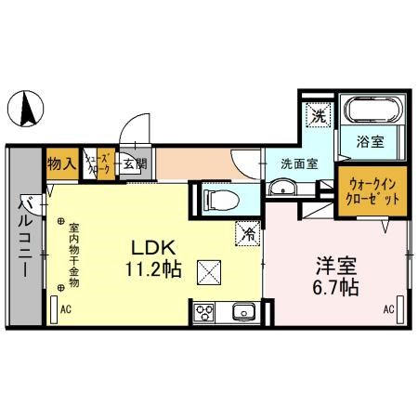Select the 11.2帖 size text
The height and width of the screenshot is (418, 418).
[x=149, y=270]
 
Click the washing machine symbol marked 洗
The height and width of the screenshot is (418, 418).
[x=319, y=116]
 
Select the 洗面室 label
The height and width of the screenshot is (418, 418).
[x=299, y=162]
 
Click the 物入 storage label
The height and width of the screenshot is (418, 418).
[x=62, y=165]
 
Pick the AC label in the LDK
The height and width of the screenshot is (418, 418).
[x=66, y=309]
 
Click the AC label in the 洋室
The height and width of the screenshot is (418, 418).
[x=388, y=309]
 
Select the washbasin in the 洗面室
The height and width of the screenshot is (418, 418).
[x=282, y=189]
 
